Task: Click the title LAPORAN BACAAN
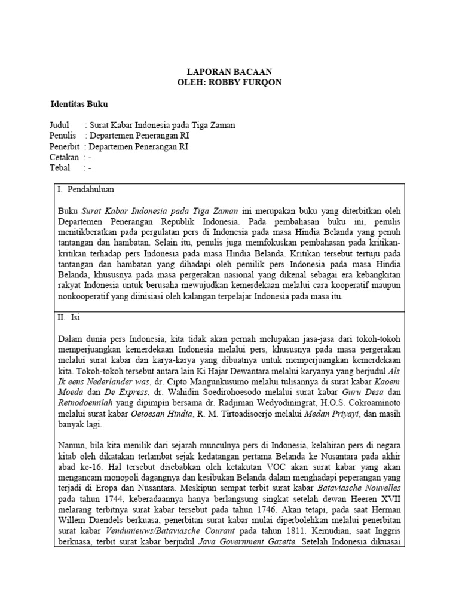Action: (229, 71)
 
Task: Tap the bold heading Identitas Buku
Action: (78, 104)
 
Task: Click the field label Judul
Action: (59, 126)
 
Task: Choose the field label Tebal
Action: (60, 168)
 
